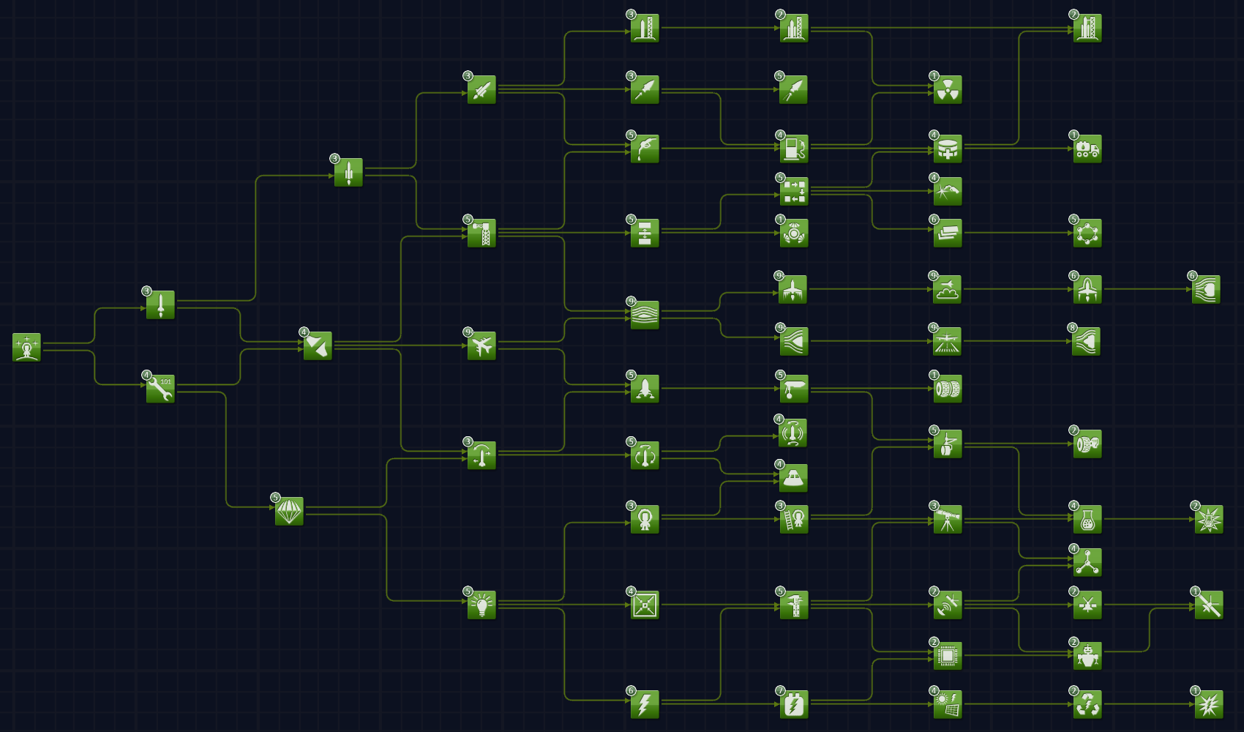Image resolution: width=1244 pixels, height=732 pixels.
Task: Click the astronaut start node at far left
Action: [x=26, y=347]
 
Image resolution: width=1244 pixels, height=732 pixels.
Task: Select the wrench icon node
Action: [x=160, y=389]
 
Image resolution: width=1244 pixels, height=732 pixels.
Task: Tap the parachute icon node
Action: [x=289, y=511]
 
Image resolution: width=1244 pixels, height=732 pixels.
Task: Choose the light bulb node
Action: [x=482, y=605]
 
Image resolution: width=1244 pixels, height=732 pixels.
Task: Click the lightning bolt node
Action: [x=645, y=704]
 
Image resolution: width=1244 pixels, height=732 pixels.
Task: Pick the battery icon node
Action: [x=794, y=704]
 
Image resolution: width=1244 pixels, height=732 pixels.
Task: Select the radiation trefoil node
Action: [x=948, y=89]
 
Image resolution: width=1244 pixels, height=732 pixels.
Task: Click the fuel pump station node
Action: [x=794, y=149]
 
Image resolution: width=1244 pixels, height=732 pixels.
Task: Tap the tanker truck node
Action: [x=1087, y=149]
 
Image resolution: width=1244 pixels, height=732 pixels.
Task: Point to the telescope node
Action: [x=948, y=519]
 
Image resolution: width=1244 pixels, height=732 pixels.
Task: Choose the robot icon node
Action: [x=1087, y=656]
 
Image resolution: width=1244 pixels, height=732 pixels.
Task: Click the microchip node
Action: [x=948, y=656]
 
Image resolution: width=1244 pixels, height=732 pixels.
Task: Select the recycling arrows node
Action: [x=1087, y=704]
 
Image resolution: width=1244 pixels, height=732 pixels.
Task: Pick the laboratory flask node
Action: [x=1087, y=519]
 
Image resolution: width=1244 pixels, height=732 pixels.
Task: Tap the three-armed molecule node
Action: [x=1087, y=562]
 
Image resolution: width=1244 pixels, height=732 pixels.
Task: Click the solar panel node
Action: [x=948, y=704]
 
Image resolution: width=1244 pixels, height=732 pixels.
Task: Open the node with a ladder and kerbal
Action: [x=794, y=519]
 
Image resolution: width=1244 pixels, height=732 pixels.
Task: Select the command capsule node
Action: [x=794, y=478]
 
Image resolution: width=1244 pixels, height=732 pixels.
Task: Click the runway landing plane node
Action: [x=948, y=341]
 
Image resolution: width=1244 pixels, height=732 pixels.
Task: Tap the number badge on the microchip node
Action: [x=934, y=642]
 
